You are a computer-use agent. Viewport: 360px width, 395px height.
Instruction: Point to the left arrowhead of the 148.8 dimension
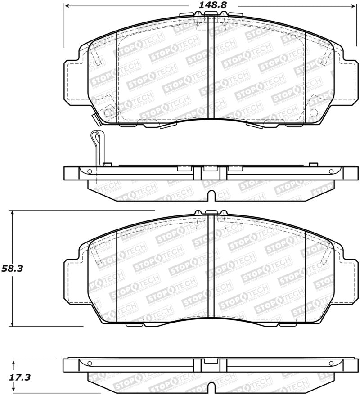(67, 6)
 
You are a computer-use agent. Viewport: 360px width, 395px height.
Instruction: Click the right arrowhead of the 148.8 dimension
(354, 6)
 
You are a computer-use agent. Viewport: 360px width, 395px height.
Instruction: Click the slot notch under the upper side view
(211, 196)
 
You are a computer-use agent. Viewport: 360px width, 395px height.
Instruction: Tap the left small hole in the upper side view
(90, 171)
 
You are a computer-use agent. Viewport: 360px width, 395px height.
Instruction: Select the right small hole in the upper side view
(331, 171)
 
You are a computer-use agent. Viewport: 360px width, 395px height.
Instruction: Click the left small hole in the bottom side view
(90, 364)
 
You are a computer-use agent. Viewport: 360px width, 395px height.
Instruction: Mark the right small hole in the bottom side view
(331, 364)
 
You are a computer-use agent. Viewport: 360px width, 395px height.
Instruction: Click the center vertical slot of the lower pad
(211, 270)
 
